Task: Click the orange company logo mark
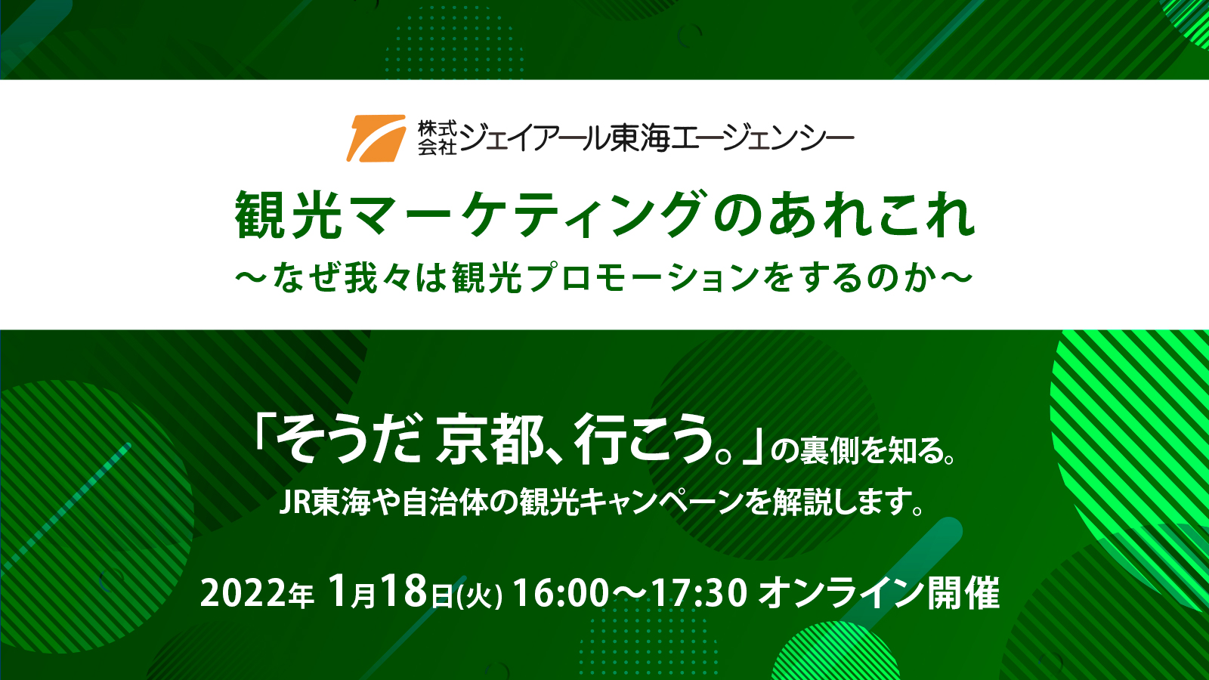[x=376, y=138]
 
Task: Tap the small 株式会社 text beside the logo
[x=437, y=138]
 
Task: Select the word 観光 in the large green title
[x=289, y=215]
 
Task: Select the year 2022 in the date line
[x=242, y=594]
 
